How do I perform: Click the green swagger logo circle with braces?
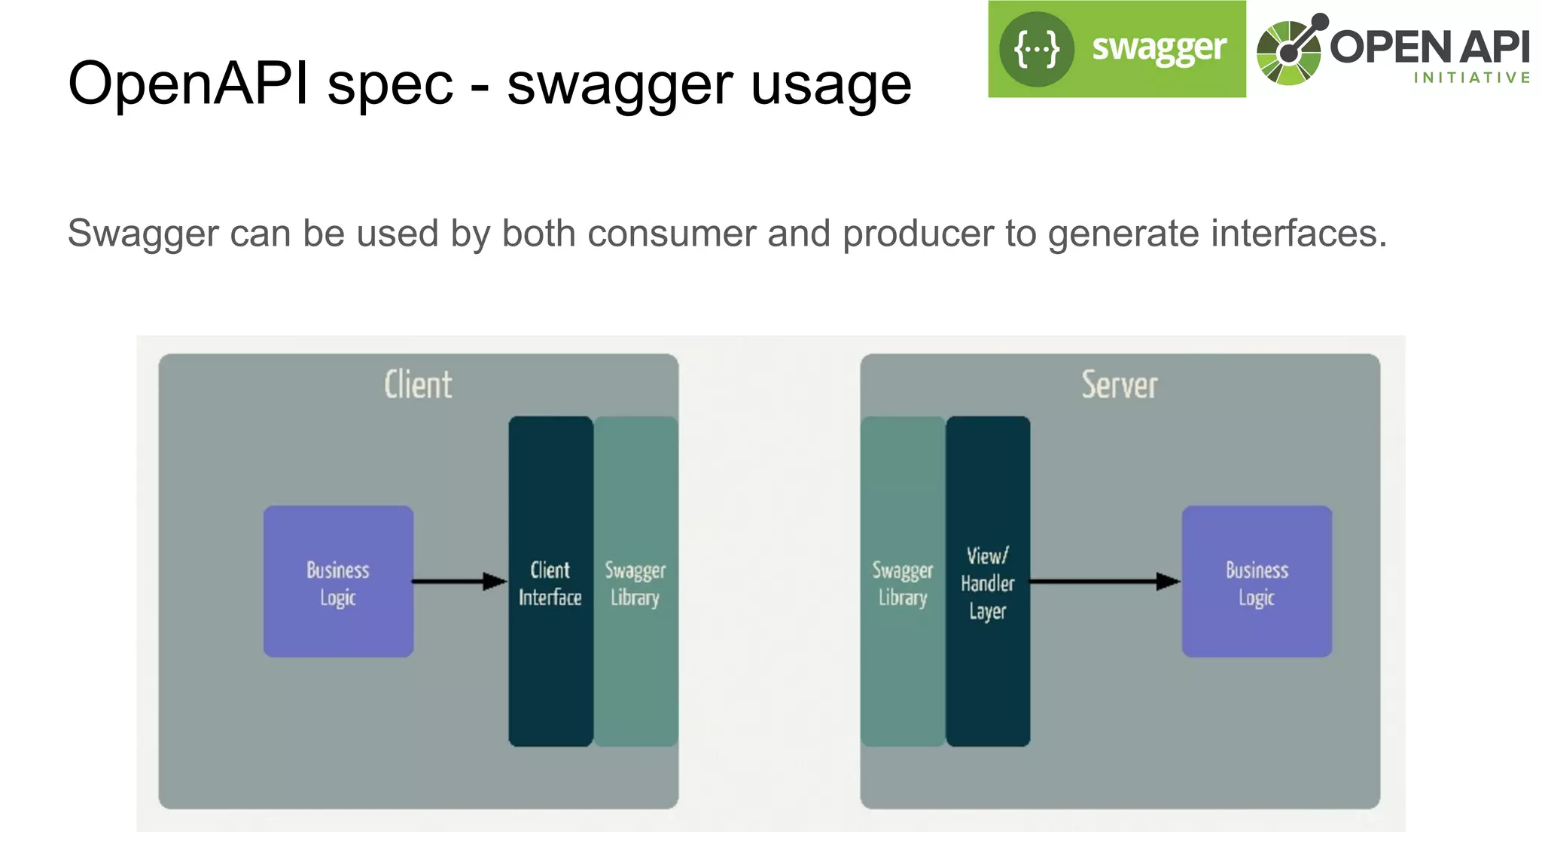tap(1036, 50)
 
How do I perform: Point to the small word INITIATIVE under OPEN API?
tap(1472, 78)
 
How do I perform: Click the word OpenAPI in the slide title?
tap(188, 83)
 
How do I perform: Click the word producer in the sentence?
tap(918, 234)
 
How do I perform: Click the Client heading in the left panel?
tap(418, 385)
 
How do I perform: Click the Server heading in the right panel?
tap(1120, 385)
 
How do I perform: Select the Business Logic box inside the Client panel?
tap(338, 582)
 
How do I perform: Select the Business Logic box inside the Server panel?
tap(1257, 582)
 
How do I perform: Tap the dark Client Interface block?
tap(550, 582)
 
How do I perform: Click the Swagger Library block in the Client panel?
tap(635, 582)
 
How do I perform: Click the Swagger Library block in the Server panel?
tap(903, 582)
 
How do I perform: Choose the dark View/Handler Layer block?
tap(988, 582)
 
